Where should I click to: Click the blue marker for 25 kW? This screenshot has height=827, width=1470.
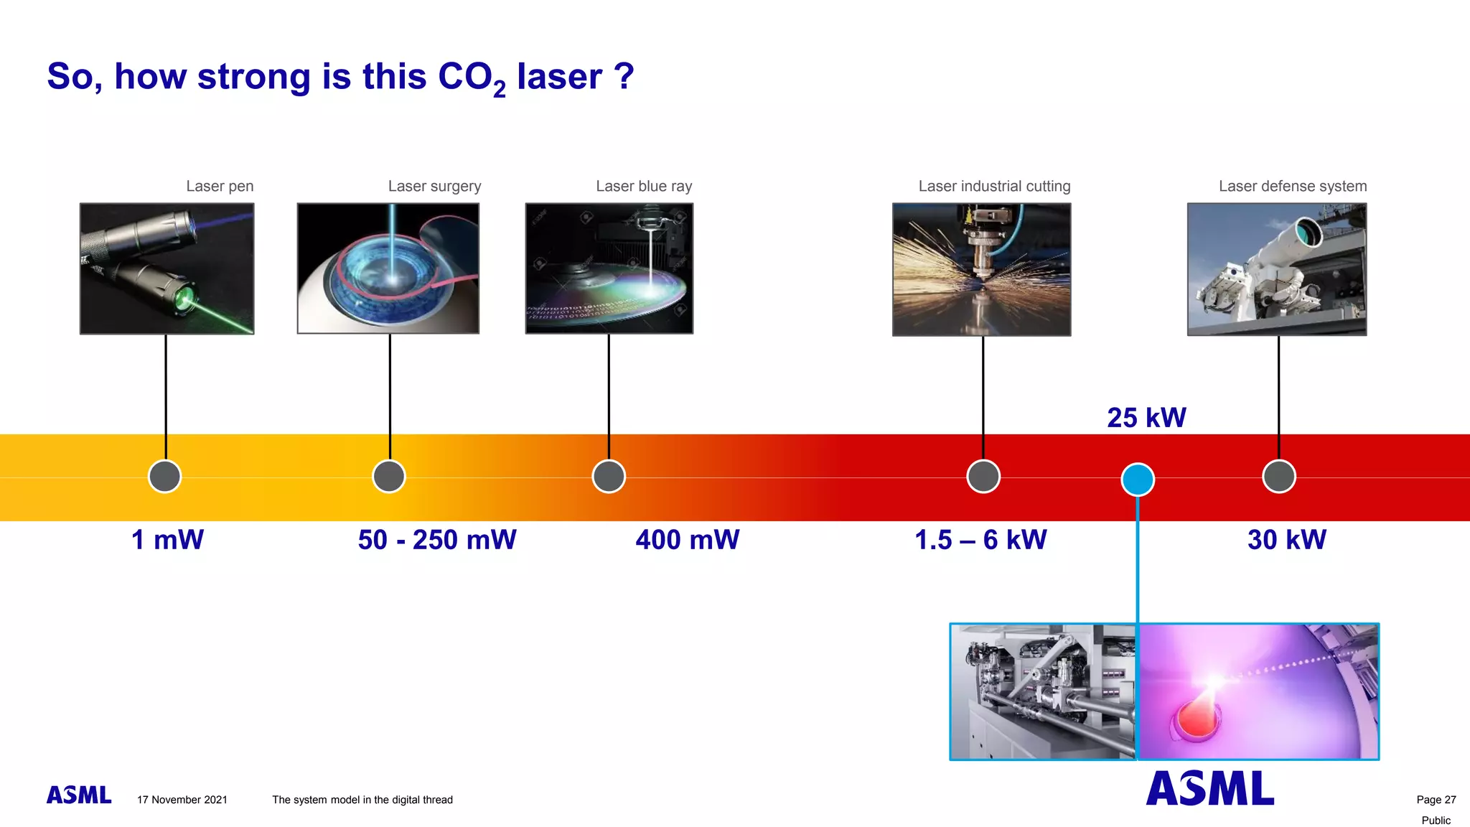[1138, 480]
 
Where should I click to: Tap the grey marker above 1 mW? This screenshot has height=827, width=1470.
[165, 477]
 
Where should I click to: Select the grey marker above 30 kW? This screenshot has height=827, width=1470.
[1279, 477]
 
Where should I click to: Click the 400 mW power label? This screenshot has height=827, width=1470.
[687, 540]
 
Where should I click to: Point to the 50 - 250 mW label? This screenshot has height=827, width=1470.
[437, 540]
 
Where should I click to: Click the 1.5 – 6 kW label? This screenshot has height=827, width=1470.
[980, 540]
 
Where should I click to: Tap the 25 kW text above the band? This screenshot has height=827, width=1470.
[1146, 418]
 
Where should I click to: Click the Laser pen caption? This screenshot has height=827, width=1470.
[220, 187]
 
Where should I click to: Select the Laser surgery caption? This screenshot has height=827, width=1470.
[434, 187]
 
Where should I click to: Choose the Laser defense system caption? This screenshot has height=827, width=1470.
[1292, 187]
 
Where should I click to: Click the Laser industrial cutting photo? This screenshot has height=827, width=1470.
[981, 269]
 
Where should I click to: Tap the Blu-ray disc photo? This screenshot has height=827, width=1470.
[609, 269]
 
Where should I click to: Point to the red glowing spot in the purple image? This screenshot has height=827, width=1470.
[1196, 719]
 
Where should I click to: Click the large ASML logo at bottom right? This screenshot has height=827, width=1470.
[1210, 788]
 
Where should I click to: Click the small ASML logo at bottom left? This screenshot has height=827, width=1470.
[79, 795]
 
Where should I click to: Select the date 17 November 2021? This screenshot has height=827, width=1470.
[182, 800]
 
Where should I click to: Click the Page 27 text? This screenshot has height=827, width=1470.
[1436, 800]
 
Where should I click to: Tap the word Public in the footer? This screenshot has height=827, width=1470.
[1436, 821]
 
